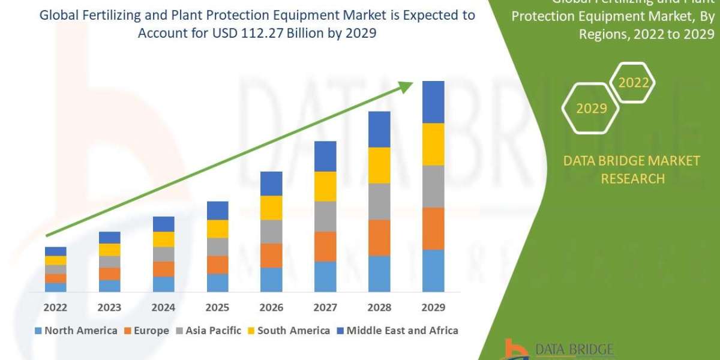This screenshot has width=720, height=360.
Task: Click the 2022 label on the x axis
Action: [55, 308]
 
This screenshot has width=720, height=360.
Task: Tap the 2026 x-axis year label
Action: [271, 308]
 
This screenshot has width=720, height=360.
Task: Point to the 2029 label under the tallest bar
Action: [433, 308]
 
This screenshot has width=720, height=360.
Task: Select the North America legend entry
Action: [76, 331]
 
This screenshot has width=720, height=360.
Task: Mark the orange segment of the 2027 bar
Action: [325, 247]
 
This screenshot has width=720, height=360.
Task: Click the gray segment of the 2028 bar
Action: [379, 202]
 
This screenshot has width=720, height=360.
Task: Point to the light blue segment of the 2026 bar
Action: [271, 280]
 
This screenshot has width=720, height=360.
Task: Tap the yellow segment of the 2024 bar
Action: [163, 239]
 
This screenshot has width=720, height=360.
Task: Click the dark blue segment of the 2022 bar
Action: [55, 251]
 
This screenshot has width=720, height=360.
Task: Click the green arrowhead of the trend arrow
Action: [406, 87]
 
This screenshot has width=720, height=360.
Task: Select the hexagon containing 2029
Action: [590, 109]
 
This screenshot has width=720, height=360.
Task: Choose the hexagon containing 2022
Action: [634, 83]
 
